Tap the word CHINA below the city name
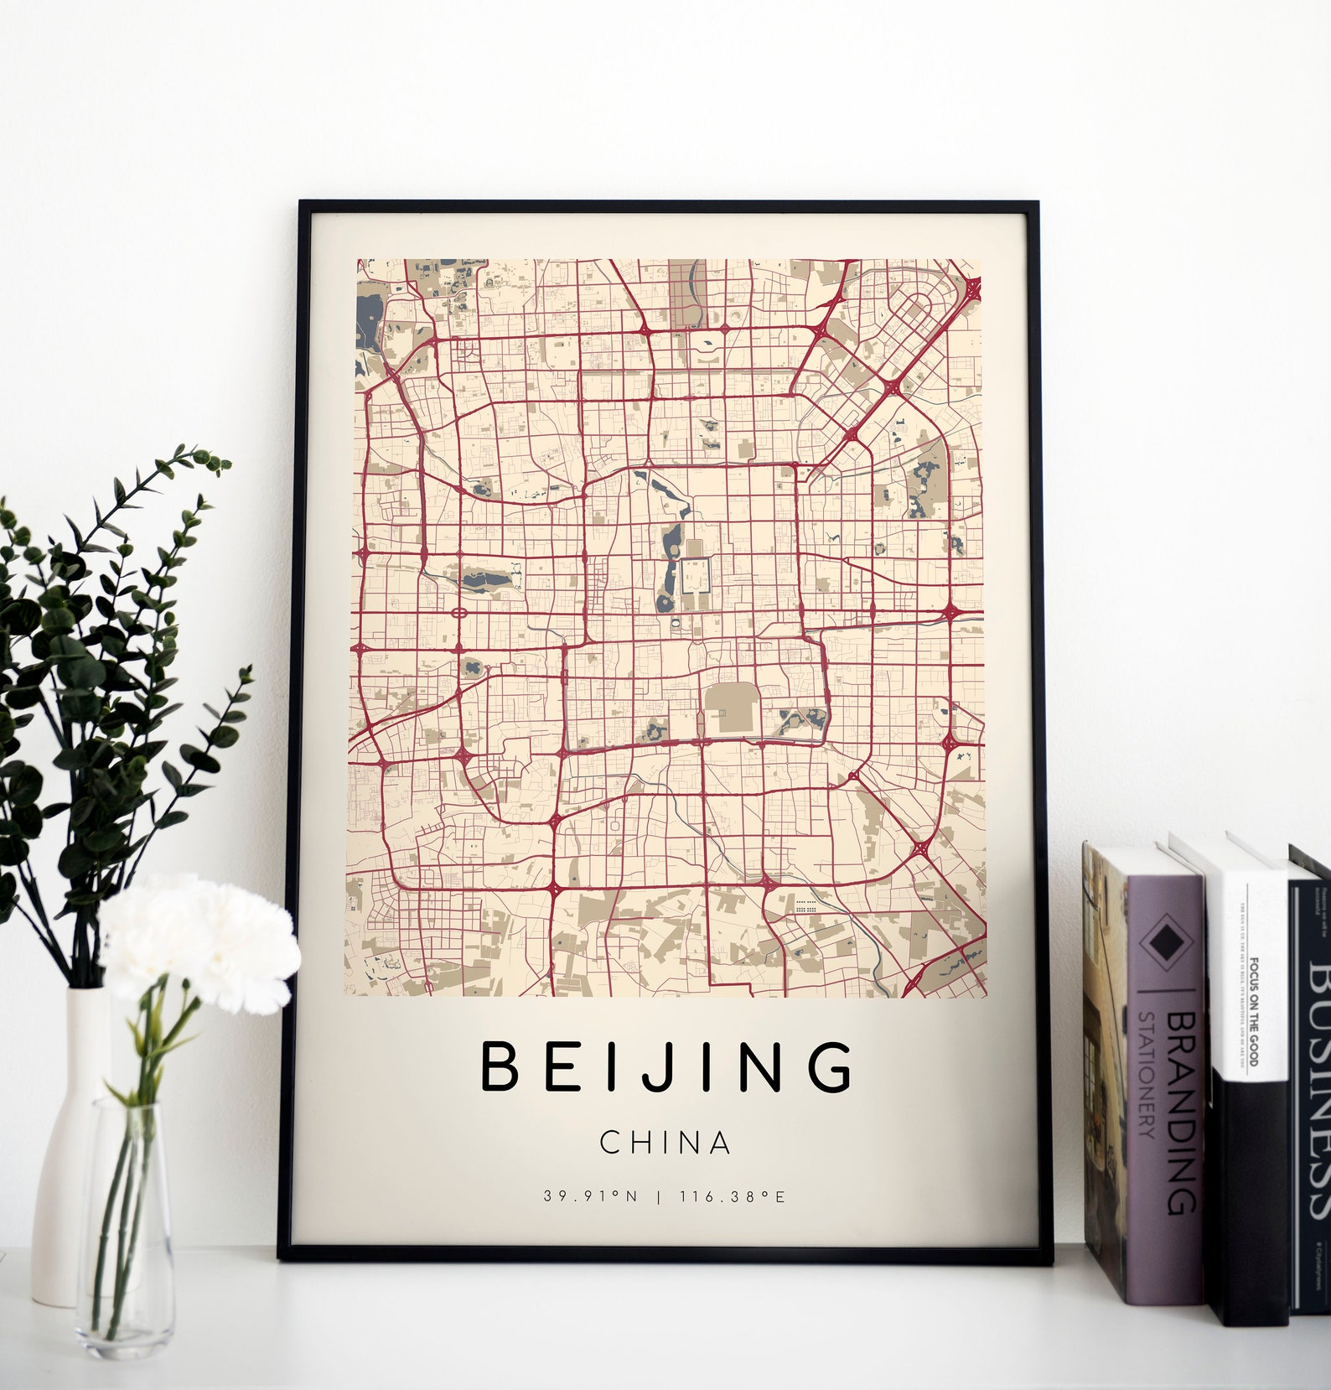pyautogui.click(x=665, y=1143)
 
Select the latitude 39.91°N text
pyautogui.click(x=590, y=1196)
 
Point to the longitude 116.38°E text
pyautogui.click(x=733, y=1196)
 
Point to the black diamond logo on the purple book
pyautogui.click(x=1164, y=944)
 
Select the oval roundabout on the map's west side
pyautogui.click(x=458, y=613)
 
